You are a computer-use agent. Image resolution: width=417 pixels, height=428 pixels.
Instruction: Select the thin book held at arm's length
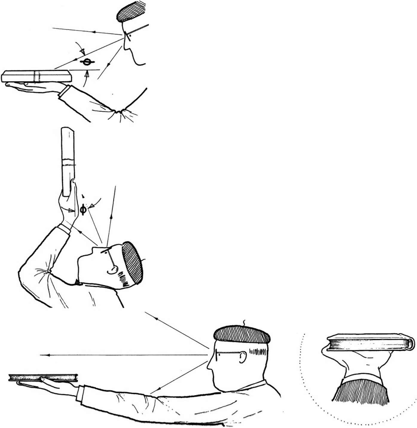point(43,377)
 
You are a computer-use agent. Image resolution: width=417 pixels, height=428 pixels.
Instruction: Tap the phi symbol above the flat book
point(87,62)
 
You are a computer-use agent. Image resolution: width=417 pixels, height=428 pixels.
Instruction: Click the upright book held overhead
point(68,162)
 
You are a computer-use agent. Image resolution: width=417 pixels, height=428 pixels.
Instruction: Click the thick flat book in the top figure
point(36,76)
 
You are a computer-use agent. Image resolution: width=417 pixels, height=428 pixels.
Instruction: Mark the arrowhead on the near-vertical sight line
point(111,217)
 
